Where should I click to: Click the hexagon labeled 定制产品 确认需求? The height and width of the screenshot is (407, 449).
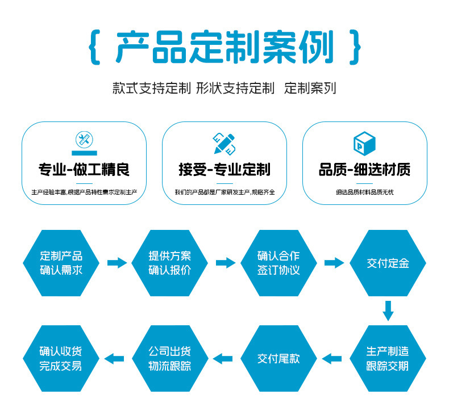tap(61, 263)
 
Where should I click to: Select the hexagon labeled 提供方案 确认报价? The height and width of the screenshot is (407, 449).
tap(170, 263)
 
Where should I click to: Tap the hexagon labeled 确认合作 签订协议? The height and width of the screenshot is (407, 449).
tap(278, 263)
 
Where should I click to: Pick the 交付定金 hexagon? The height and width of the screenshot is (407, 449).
tap(388, 263)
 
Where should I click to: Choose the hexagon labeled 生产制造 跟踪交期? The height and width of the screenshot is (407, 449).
tap(388, 358)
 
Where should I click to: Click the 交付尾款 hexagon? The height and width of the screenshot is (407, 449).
tap(278, 358)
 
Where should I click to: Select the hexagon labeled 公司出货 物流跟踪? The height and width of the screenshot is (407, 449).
tap(170, 358)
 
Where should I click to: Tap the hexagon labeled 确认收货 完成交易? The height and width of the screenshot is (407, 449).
tap(61, 358)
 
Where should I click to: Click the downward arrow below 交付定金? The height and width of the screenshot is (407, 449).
tap(388, 311)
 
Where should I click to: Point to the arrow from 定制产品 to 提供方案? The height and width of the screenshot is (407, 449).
tap(117, 263)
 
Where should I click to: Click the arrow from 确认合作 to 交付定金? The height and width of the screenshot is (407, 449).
tap(334, 263)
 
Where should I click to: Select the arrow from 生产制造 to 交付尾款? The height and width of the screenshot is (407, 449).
tap(332, 358)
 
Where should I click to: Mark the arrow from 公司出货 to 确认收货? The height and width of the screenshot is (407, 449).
tap(115, 358)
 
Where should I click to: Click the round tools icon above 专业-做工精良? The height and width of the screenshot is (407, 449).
tap(84, 140)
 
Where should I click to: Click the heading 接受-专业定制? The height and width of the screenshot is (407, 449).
tap(224, 169)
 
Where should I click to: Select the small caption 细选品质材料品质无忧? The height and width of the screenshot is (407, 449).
tap(364, 192)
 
